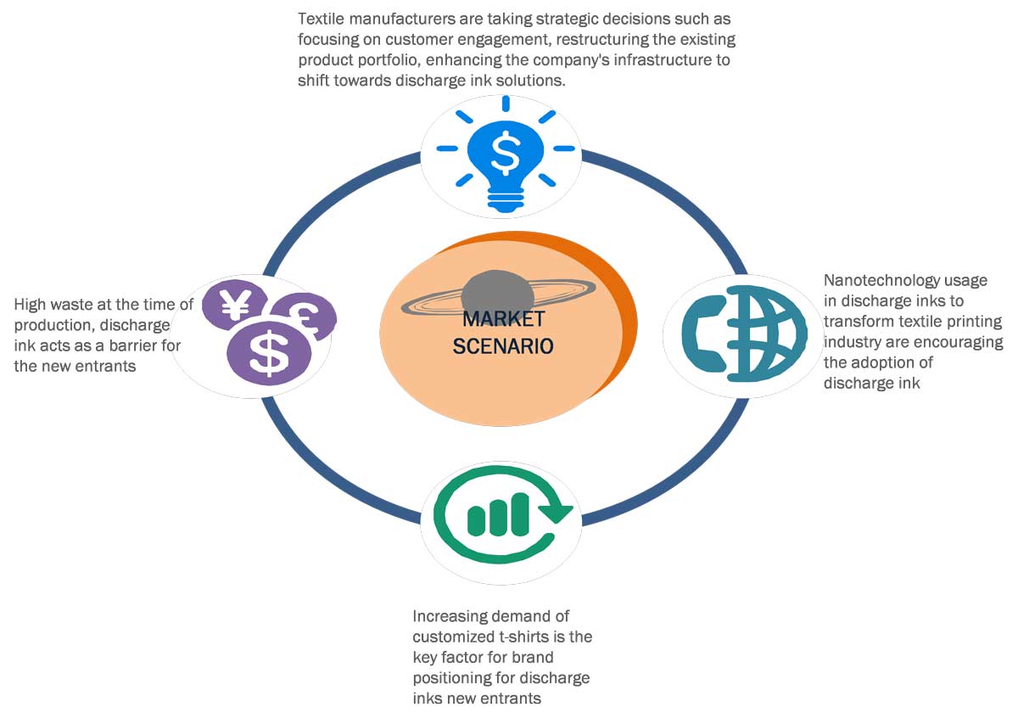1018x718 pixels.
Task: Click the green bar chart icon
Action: pyautogui.click(x=498, y=514)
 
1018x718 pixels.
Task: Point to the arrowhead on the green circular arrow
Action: pyautogui.click(x=558, y=511)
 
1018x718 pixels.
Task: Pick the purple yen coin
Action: pyautogui.click(x=236, y=306)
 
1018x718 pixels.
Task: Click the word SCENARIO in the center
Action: pyautogui.click(x=503, y=345)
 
